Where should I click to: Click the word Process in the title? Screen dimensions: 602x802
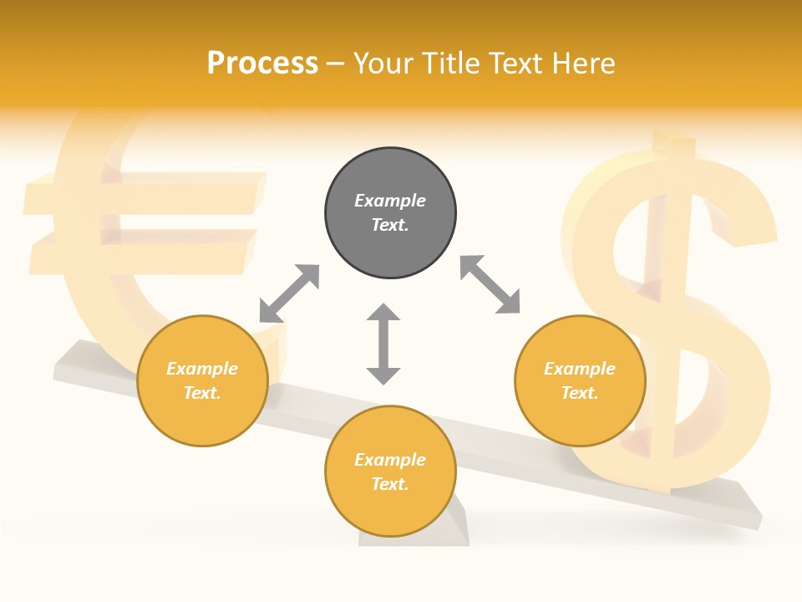coord(262,63)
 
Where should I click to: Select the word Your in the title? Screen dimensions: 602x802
coord(381,63)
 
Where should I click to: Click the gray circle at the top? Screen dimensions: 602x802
coord(390,213)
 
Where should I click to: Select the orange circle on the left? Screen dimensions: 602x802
coord(202,380)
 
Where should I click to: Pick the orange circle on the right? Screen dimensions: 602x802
coord(580,380)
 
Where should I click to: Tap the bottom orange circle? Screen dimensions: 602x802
coord(390,472)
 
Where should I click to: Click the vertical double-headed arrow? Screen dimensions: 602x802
coord(383,344)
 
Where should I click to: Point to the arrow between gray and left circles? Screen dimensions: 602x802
coord(289,293)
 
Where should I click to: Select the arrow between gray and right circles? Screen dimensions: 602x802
coord(490,284)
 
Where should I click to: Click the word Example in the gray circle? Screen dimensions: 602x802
coord(390,201)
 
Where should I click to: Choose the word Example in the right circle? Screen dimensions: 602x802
coord(580,369)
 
